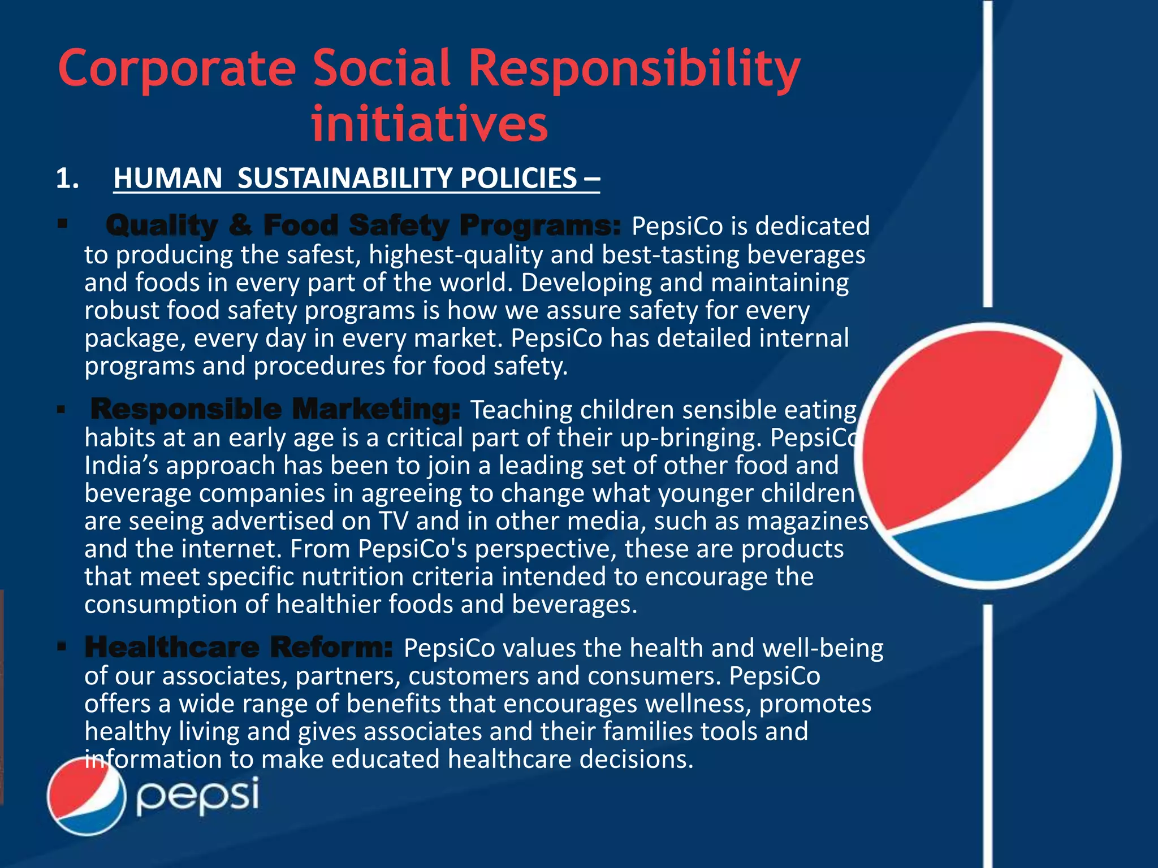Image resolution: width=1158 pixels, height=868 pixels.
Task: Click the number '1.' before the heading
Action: tap(67, 179)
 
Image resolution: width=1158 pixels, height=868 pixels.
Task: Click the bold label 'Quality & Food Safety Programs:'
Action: tap(364, 225)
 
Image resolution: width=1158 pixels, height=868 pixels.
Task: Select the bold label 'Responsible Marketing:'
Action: tap(275, 409)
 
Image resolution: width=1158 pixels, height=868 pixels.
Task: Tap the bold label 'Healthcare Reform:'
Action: tap(239, 647)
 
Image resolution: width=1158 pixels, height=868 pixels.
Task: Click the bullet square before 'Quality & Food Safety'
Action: tap(62, 224)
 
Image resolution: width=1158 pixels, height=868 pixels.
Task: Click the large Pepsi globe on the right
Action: tap(987, 455)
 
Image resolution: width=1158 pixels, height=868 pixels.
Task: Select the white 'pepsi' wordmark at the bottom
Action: tap(197, 796)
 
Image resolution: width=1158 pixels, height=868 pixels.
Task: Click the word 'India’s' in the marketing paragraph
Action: tap(123, 466)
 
